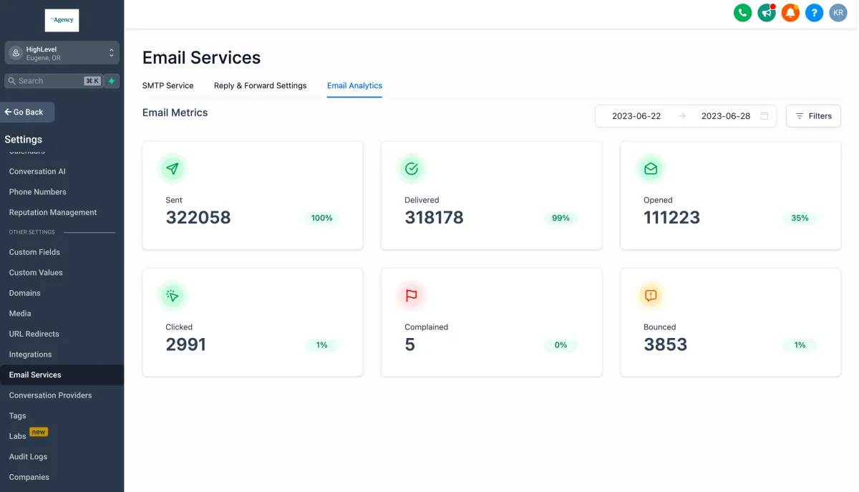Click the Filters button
[x=813, y=116]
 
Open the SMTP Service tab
[x=168, y=85]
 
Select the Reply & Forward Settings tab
[x=260, y=85]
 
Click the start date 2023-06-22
[x=636, y=116]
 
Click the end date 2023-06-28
[x=725, y=116]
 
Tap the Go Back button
[x=28, y=112]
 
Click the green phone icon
[x=742, y=12]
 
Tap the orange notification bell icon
[x=790, y=12]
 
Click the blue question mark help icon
[x=814, y=12]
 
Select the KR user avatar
[x=838, y=12]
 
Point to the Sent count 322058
[x=198, y=218]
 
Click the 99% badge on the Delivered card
[x=560, y=218]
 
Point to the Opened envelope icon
[x=651, y=169]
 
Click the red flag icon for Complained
[x=412, y=296]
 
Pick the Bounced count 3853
[x=665, y=344]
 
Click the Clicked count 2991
[x=185, y=344]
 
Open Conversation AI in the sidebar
[x=37, y=171]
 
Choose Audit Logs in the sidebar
[x=28, y=456]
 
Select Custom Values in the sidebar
[x=36, y=272]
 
